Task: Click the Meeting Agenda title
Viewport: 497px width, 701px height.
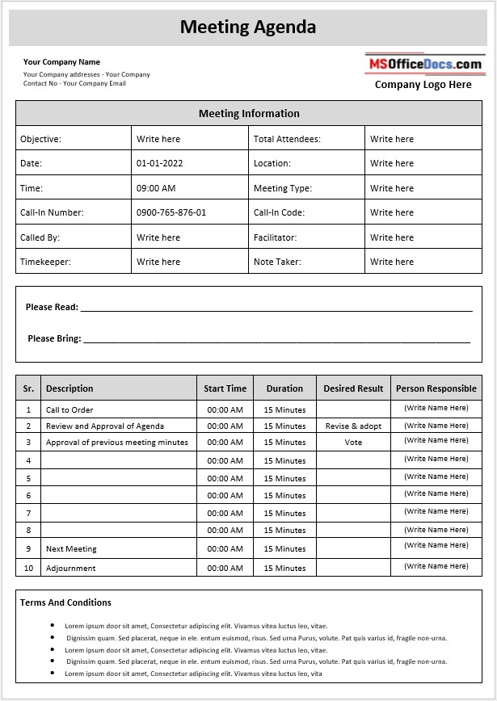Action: point(248,27)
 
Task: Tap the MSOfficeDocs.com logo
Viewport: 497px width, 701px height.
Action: point(424,64)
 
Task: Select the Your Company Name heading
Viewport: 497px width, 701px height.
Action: point(61,62)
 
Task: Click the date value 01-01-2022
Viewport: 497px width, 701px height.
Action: point(160,163)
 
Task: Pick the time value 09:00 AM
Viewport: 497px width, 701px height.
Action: point(156,188)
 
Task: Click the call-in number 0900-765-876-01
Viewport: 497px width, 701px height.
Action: point(171,212)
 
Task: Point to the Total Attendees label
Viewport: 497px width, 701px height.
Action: point(287,139)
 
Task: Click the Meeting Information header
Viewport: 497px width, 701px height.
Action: point(249,114)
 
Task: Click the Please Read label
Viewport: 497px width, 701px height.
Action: point(52,307)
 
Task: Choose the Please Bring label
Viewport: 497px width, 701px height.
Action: point(54,338)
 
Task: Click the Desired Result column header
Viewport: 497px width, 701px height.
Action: point(353,388)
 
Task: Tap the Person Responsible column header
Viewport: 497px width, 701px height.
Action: point(436,388)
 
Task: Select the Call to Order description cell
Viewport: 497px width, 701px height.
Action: point(69,410)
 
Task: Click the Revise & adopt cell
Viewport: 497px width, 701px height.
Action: point(353,426)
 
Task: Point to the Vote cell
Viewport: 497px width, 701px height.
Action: point(353,443)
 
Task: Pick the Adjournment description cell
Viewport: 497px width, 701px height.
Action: point(71,568)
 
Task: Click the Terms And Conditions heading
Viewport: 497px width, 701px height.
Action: point(65,602)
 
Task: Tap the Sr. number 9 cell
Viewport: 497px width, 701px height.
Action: point(28,549)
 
